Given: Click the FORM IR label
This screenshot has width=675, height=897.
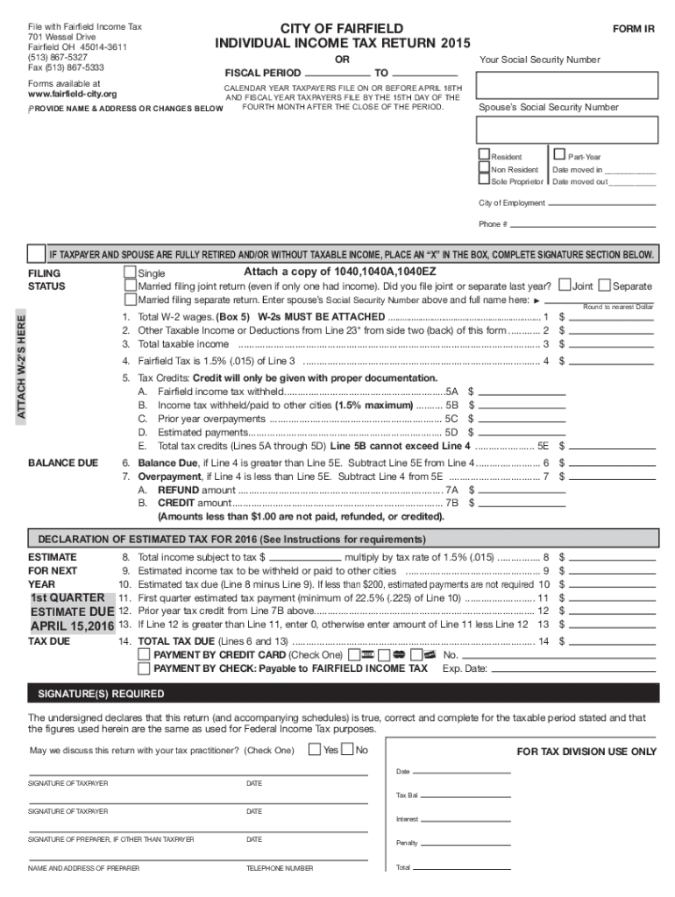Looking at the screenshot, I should click(633, 29).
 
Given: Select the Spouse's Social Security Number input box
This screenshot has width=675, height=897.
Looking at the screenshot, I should click(565, 129).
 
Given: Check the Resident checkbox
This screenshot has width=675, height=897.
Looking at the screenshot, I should click(484, 155).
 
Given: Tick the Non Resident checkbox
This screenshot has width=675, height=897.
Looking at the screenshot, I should click(484, 168).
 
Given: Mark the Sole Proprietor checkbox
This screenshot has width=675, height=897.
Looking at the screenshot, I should click(484, 180).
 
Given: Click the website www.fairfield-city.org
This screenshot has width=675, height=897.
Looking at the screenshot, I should click(73, 94).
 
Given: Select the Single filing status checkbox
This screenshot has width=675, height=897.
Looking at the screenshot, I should click(131, 272).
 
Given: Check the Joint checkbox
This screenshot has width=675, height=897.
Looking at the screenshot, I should click(565, 286).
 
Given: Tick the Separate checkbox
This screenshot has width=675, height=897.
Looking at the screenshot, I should click(604, 286).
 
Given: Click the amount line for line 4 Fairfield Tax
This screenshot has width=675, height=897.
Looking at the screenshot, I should click(613, 362).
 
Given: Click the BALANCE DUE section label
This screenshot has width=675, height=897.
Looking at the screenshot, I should click(63, 463).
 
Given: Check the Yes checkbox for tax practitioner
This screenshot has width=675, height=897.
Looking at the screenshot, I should click(313, 749).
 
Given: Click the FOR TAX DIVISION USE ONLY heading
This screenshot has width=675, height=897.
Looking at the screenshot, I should click(586, 752).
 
